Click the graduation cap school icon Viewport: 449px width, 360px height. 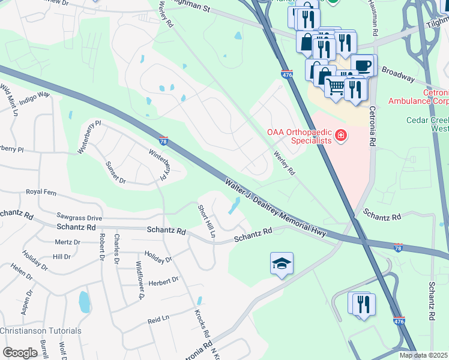pos(282,264)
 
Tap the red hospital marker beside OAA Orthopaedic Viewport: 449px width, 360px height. pos(342,136)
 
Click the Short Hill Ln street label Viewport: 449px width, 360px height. pos(206,221)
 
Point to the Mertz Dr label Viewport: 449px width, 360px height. pos(67,242)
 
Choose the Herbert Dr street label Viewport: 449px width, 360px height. pos(164,280)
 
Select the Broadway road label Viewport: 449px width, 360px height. pos(398,74)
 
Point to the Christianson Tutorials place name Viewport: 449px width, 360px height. pos(41,331)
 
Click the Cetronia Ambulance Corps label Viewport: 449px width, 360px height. pos(418,97)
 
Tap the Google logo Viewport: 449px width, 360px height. pos(20,353)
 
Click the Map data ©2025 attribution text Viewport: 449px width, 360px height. pos(423,355)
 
